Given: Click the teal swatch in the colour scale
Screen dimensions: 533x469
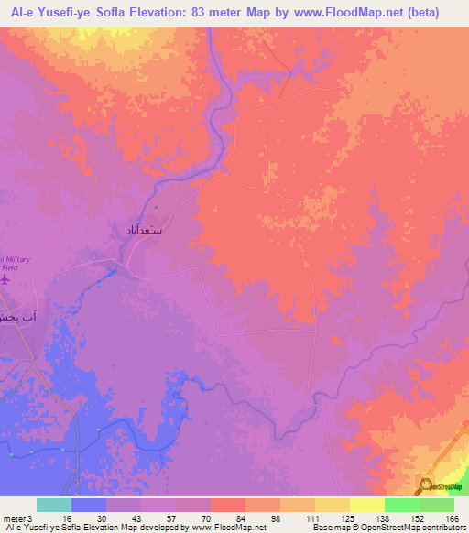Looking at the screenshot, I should coord(53,505).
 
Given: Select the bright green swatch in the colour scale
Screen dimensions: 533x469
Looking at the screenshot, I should coord(401,505).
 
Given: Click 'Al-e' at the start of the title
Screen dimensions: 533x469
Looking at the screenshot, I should coord(17,13).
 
